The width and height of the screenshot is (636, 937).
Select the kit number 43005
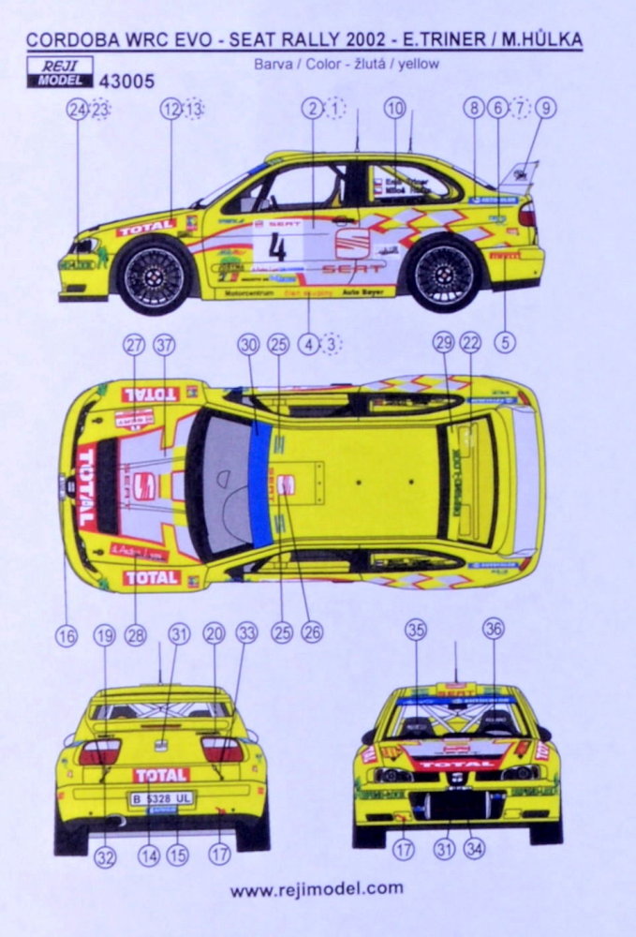point(124,82)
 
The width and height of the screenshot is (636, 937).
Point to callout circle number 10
point(394,108)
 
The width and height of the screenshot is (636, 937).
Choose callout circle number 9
point(545,108)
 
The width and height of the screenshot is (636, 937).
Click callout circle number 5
point(505,343)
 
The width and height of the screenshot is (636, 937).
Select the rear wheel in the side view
point(443,274)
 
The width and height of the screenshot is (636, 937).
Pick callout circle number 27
point(134,344)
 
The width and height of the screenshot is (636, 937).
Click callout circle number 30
point(248,344)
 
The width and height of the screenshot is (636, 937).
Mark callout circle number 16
point(66,635)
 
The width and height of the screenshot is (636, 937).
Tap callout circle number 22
point(470,344)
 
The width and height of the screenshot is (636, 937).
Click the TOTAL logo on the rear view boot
point(160,775)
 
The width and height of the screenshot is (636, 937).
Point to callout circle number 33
point(246,633)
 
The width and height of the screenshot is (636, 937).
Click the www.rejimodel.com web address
point(318,888)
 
